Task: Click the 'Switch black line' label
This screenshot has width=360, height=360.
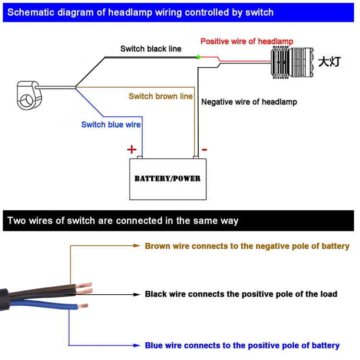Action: point(151,49)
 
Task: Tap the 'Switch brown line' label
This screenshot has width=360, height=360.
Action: point(161,96)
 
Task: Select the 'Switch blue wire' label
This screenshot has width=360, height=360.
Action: point(111,125)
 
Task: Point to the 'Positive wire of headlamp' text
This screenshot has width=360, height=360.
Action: point(247,41)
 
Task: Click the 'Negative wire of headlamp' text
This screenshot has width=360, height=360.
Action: point(249,102)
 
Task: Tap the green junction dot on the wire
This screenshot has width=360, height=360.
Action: point(198,58)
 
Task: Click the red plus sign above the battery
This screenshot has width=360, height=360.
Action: point(132,149)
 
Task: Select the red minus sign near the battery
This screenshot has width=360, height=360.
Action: point(204,149)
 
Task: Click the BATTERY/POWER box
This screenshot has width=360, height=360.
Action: point(168,179)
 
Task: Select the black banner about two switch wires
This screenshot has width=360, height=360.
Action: point(180,221)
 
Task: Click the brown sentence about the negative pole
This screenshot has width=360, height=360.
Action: point(247,246)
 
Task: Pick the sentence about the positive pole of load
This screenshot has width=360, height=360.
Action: point(241,294)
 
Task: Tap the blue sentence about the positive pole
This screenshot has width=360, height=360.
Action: point(242,345)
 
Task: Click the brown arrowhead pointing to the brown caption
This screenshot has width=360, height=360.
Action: point(136,246)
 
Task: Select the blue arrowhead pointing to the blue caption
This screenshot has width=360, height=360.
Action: point(136,345)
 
